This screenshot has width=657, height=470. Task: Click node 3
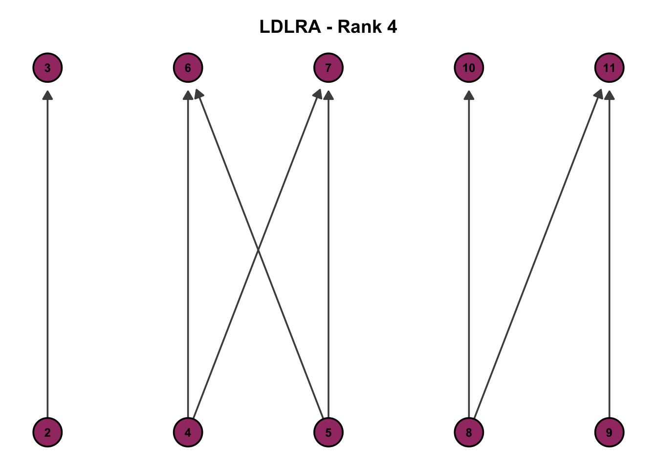point(47,68)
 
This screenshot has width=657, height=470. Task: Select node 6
point(188,68)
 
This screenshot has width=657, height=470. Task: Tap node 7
point(328,68)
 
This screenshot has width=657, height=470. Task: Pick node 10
point(469,68)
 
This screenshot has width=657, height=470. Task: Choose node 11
point(609,68)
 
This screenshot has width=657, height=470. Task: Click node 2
point(47,432)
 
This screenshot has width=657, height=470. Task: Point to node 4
point(188,432)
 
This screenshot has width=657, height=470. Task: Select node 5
point(328,432)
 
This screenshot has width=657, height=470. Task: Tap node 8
point(469,432)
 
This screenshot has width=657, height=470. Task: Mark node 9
point(609,432)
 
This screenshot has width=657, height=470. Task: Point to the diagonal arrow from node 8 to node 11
point(538,255)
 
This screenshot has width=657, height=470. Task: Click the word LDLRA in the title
point(290,27)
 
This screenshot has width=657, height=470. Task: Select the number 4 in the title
point(392,27)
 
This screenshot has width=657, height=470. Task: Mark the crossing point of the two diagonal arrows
point(258,251)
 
